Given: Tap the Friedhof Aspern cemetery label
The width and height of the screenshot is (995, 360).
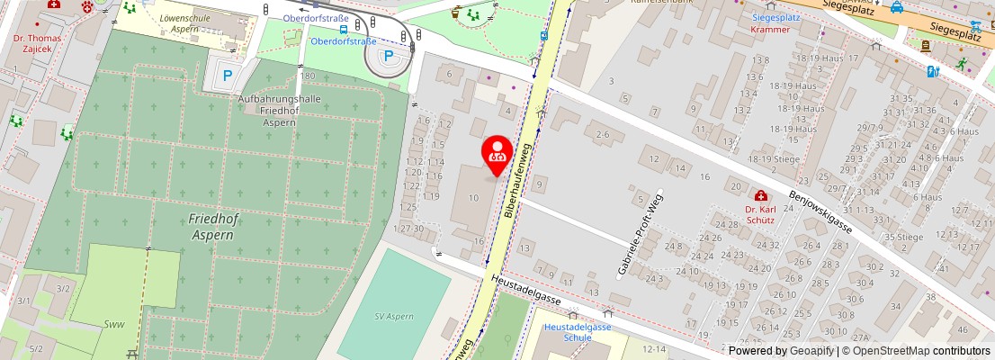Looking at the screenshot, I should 211,227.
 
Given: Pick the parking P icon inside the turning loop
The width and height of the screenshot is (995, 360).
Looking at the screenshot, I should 389,57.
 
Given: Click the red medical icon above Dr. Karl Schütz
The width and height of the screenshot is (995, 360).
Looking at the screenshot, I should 761,195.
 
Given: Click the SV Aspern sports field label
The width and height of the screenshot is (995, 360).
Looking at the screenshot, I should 394,317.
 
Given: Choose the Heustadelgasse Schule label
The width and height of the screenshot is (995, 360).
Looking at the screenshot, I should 577,332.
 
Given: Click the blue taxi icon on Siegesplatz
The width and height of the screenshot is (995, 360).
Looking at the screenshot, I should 896,8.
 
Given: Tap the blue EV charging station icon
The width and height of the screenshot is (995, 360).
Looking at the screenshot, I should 933,70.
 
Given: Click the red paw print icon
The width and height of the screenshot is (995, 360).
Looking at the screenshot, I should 87,6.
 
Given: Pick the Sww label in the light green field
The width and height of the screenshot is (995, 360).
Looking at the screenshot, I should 113,324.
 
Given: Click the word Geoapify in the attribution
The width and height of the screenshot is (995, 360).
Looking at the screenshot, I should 811,351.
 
